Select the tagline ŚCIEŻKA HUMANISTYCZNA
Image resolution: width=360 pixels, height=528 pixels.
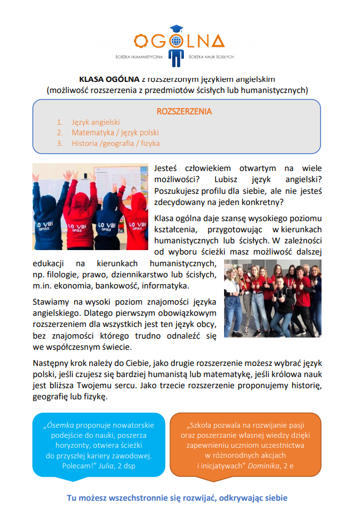(139, 57)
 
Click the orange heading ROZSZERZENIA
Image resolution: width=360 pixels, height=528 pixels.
(184, 111)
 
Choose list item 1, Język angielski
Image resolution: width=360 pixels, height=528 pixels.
(95, 122)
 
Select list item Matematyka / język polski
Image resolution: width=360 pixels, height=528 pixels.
(115, 133)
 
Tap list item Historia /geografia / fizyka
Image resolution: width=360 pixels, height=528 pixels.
(115, 143)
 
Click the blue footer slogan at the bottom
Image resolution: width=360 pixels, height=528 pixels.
(177, 498)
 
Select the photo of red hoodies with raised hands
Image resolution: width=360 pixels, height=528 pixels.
(90, 207)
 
